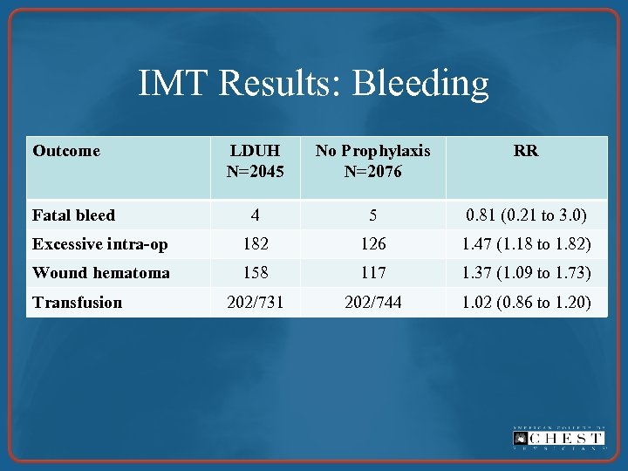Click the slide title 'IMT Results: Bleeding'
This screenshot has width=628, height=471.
[313, 84]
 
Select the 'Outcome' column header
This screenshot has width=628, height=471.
[66, 151]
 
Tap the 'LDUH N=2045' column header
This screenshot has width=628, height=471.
[255, 161]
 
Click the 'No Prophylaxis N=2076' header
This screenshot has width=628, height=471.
[372, 161]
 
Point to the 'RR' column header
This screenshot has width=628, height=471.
[526, 151]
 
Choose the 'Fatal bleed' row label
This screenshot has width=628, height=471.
[73, 215]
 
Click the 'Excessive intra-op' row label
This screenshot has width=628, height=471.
[99, 244]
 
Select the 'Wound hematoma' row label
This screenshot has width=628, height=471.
[100, 273]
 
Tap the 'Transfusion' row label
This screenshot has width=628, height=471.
[77, 303]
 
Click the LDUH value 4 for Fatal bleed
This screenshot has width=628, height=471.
[255, 215]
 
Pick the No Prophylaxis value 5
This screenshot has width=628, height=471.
[372, 215]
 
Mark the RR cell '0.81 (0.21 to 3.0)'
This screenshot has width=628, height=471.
[526, 215]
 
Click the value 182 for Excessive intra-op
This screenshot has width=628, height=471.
[255, 244]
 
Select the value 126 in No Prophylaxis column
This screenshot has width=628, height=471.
[372, 244]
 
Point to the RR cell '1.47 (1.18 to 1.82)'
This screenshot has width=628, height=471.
[526, 244]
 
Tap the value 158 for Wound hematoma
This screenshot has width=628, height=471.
[255, 273]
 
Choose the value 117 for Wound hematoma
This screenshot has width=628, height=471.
[372, 273]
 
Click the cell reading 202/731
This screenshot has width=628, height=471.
[255, 303]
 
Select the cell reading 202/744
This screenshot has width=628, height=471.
[372, 303]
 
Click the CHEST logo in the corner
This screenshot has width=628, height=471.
[557, 438]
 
